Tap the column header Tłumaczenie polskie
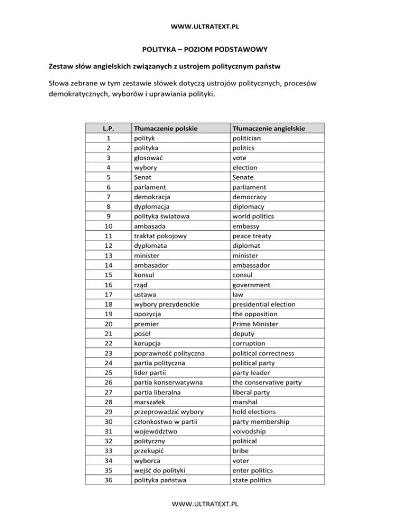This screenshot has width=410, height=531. [x=165, y=128]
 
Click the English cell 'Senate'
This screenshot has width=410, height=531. [x=244, y=177]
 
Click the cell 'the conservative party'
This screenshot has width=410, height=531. [x=268, y=382]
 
